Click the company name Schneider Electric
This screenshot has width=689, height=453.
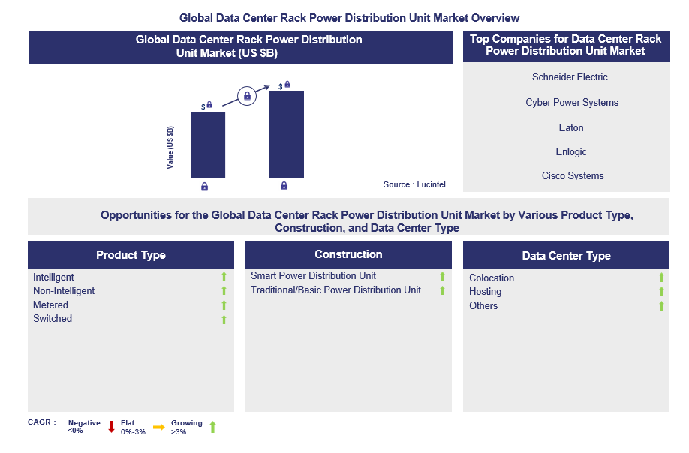click(x=570, y=77)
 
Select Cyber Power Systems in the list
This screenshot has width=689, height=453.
click(x=572, y=103)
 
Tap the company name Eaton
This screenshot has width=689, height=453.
click(x=571, y=128)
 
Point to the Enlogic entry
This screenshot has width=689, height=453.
click(x=571, y=152)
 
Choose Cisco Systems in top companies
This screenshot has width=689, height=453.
click(x=573, y=176)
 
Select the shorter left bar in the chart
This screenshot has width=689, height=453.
click(x=208, y=144)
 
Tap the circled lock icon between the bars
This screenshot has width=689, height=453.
click(x=247, y=96)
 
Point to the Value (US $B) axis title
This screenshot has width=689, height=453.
click(x=171, y=147)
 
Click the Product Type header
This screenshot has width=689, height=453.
click(x=131, y=255)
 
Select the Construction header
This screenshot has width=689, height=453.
click(x=348, y=254)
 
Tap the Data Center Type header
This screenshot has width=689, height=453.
click(x=566, y=256)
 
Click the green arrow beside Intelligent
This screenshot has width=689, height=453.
click(x=224, y=277)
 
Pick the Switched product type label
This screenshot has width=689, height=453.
click(x=53, y=319)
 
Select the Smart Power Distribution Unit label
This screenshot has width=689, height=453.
click(x=313, y=276)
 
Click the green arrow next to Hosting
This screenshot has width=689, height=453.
click(x=661, y=292)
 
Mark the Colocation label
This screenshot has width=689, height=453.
click(x=492, y=278)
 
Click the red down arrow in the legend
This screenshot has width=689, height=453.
click(x=111, y=427)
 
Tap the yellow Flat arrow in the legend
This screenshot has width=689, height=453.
click(x=158, y=427)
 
